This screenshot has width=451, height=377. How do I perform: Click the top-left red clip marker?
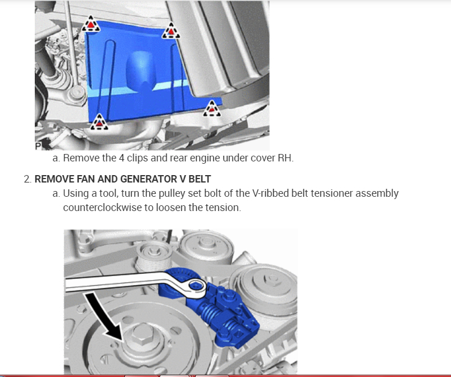(91, 24)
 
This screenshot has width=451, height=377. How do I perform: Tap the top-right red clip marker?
(171, 31)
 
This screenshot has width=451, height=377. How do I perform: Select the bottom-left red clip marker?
(99, 122)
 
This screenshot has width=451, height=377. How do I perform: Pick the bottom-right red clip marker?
(212, 109)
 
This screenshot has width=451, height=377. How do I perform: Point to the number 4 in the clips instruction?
(121, 158)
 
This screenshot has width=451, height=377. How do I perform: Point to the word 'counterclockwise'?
(103, 208)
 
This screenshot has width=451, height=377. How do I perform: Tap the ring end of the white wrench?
(197, 286)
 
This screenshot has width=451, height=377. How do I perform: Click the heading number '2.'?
(27, 179)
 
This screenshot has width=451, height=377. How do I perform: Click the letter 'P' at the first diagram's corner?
(38, 146)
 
